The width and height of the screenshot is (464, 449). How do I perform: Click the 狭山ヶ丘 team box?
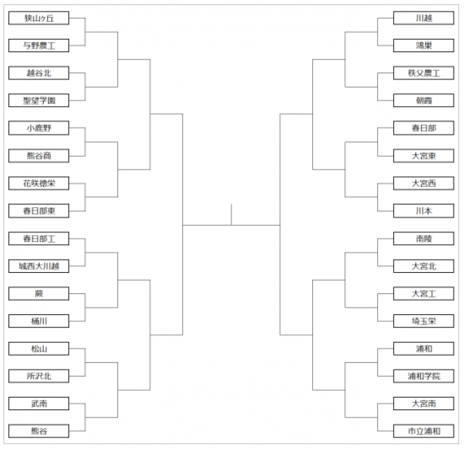point(39,18)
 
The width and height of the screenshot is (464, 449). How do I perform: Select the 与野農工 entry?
point(39,45)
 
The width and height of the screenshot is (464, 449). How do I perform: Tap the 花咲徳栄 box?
point(39,184)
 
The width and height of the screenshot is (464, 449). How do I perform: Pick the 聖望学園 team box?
point(39,100)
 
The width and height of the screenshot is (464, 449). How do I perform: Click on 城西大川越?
point(39,266)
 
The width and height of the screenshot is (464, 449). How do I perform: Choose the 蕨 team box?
point(39,294)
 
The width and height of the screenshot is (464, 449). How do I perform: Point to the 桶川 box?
point(39,321)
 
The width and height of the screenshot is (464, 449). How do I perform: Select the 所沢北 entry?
point(39,376)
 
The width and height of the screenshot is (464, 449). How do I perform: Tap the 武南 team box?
point(39,404)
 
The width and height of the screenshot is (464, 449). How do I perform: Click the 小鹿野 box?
point(39,128)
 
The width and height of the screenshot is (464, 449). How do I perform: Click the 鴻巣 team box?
point(424,45)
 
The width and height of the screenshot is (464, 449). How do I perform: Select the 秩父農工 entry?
point(424,73)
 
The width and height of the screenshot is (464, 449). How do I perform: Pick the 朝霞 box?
point(424,100)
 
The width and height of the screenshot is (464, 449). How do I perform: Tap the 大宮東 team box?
point(424,156)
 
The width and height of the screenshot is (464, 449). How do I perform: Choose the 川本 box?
point(424,211)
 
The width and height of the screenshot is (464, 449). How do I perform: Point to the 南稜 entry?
point(424,238)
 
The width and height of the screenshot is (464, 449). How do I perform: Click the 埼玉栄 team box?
point(424,321)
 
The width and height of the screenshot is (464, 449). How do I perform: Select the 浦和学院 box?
point(424,376)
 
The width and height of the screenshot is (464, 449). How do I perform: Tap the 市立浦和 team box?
point(424,431)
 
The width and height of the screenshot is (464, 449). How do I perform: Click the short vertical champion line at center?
point(231,215)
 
